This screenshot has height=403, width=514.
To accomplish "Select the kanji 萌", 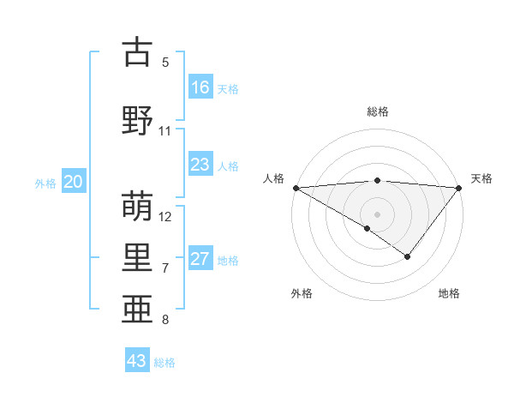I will [x=138, y=206].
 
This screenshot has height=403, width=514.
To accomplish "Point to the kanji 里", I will [x=138, y=258].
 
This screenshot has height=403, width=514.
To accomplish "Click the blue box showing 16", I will [x=200, y=87].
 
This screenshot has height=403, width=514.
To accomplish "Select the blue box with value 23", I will [x=200, y=165].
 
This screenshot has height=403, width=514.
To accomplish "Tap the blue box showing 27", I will [x=200, y=260].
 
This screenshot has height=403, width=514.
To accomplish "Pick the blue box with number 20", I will [x=74, y=182].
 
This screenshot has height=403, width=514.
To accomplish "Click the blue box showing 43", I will [x=137, y=361].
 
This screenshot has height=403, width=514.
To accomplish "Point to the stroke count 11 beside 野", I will [x=165, y=131].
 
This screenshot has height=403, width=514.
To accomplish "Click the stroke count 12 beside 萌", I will [x=165, y=216].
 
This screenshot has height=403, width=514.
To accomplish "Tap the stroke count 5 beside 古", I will [x=165, y=63].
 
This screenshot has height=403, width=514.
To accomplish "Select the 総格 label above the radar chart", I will [x=378, y=111].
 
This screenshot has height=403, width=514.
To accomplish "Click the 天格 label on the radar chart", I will [x=482, y=178].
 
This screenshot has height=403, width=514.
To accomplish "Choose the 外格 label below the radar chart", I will [x=302, y=293].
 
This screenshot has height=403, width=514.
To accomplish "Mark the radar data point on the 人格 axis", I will [x=296, y=187].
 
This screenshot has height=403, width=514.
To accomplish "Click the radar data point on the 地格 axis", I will [x=408, y=256].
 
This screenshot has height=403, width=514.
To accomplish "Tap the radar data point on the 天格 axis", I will [x=460, y=187].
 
